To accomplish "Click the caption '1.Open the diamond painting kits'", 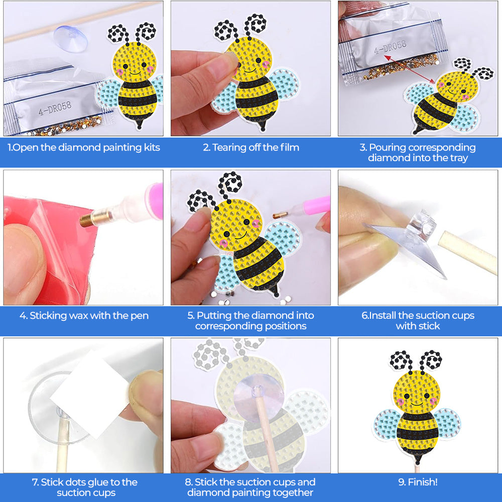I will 83,148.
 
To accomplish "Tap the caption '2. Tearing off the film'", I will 251,148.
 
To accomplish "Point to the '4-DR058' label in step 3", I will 390,49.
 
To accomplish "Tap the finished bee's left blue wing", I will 387,422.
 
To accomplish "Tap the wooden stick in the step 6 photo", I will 467,256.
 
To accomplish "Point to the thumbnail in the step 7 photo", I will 146,397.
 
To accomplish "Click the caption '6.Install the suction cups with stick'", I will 418,321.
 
